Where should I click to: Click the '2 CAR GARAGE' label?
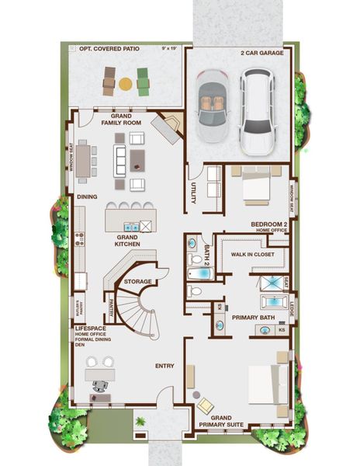pyautogui.click(x=261, y=54)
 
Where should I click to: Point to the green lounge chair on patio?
pyautogui.click(x=142, y=79)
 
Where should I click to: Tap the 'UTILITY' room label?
pyautogui.click(x=193, y=194)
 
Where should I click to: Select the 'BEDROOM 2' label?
pyautogui.click(x=268, y=224)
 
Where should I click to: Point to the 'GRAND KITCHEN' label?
pyautogui.click(x=127, y=240)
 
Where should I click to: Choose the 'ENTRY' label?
pyautogui.click(x=164, y=366)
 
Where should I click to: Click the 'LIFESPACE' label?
pyautogui.click(x=88, y=329)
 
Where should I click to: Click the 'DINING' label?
pyautogui.click(x=87, y=196)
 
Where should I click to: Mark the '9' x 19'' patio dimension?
pyautogui.click(x=168, y=49)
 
